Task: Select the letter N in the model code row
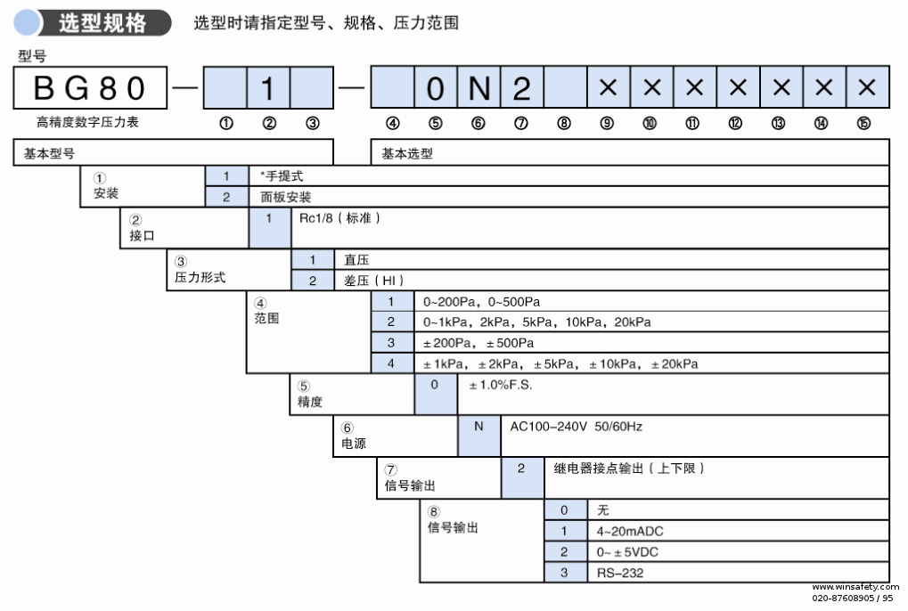(x=479, y=88)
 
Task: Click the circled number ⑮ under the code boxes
(x=863, y=125)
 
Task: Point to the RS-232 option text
(x=620, y=573)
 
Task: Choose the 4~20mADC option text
(x=631, y=531)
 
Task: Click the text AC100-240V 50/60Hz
(x=576, y=427)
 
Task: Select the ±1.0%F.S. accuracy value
(x=501, y=385)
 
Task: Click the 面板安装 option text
(x=285, y=197)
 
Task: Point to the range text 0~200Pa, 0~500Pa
(x=482, y=302)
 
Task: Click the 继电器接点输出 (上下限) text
(x=629, y=468)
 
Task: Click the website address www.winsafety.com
(x=855, y=588)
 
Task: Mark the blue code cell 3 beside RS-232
(x=565, y=573)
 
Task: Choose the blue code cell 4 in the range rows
(x=391, y=363)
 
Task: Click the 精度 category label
(x=311, y=403)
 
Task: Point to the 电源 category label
(x=354, y=444)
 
